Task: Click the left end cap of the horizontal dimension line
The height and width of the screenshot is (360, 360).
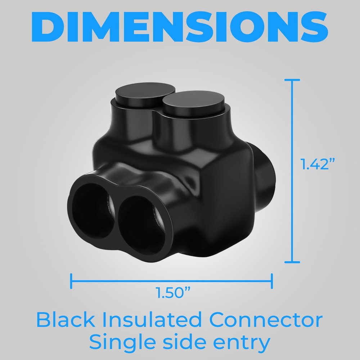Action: [71, 281]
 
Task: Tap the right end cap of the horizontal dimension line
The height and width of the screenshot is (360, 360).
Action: [272, 281]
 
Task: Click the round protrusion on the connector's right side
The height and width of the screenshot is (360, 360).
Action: [267, 166]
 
